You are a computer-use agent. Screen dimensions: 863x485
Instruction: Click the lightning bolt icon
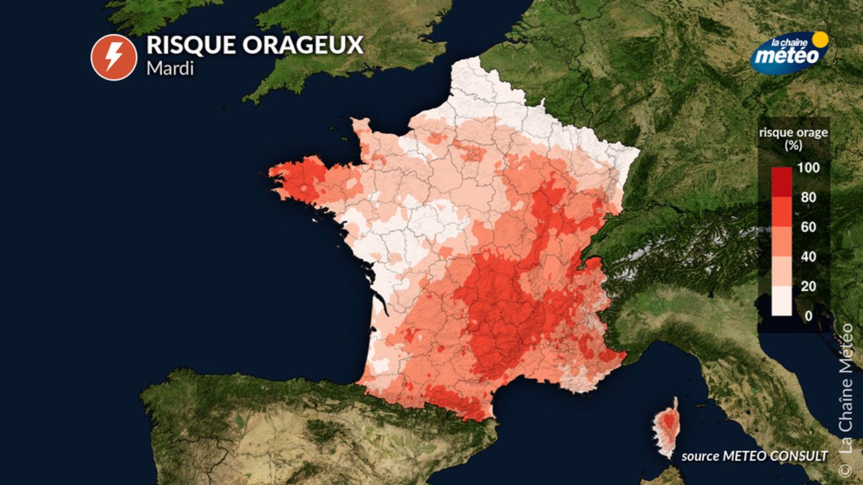click(x=113, y=57)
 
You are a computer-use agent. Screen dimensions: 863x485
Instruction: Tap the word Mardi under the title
click(x=170, y=68)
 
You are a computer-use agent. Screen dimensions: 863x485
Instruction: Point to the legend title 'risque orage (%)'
click(x=793, y=138)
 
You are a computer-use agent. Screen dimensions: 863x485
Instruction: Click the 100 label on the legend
click(x=809, y=168)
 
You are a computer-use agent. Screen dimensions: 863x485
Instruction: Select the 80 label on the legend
click(x=808, y=197)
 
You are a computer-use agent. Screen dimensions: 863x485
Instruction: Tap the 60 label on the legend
click(x=808, y=227)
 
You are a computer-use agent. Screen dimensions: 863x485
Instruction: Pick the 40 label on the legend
click(x=808, y=257)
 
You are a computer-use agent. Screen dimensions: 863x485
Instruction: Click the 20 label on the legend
click(x=808, y=286)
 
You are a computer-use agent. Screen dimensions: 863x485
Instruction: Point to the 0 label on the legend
click(x=808, y=316)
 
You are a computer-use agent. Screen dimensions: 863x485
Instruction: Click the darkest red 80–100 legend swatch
click(x=781, y=182)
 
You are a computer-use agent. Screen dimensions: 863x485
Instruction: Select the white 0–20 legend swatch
click(x=781, y=301)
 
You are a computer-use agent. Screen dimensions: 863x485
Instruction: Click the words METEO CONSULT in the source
click(x=774, y=456)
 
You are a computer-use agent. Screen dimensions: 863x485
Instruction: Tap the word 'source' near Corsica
click(x=700, y=456)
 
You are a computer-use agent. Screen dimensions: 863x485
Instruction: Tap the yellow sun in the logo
click(x=820, y=39)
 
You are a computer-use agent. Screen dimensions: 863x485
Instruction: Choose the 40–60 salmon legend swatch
click(x=781, y=242)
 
